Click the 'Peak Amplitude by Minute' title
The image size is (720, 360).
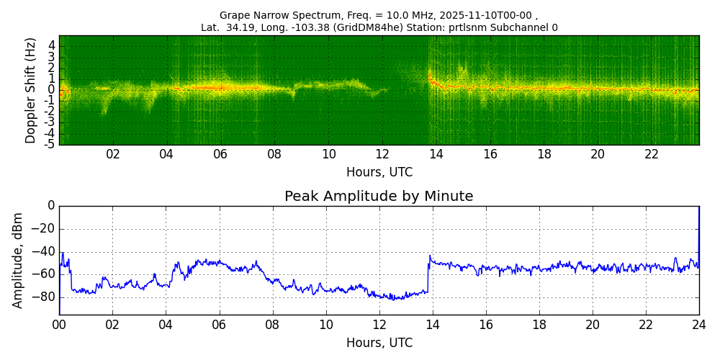(x=379, y=197)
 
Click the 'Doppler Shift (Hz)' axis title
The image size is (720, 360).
(x=31, y=90)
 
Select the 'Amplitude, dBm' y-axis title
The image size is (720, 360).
(x=18, y=260)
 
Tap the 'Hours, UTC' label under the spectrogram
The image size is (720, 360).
(x=379, y=173)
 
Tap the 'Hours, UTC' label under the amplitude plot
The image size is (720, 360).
(x=379, y=343)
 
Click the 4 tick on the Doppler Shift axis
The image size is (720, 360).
(x=52, y=45)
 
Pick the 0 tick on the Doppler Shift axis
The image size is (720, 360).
(x=52, y=90)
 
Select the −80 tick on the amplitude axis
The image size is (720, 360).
(x=43, y=296)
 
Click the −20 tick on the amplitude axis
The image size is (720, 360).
(x=43, y=229)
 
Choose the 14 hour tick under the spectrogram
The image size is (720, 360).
(x=436, y=154)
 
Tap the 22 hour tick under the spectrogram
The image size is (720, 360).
(x=652, y=154)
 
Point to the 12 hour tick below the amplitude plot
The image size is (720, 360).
(x=379, y=324)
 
